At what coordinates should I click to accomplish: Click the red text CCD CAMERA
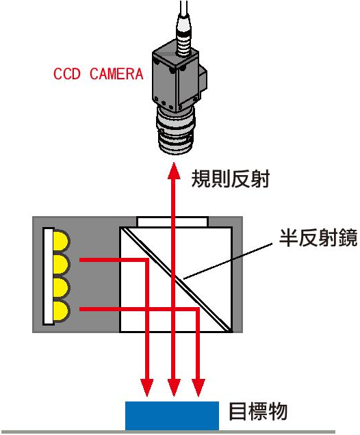pyautogui.click(x=99, y=74)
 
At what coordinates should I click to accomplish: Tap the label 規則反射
pyautogui.click(x=231, y=179)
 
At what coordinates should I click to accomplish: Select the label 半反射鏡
pyautogui.click(x=318, y=238)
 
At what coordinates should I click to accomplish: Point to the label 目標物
pyautogui.click(x=258, y=412)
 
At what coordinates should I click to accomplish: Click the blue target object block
pyautogui.click(x=172, y=416)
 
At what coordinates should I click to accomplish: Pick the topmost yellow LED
pyautogui.click(x=61, y=241)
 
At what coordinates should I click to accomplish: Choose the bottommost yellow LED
pyautogui.click(x=61, y=312)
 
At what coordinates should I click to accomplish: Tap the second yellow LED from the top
pyautogui.click(x=61, y=265)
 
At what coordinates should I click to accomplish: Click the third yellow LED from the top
pyautogui.click(x=61, y=288)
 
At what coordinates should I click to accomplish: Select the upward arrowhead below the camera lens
pyautogui.click(x=174, y=171)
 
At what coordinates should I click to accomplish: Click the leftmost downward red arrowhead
pyautogui.click(x=147, y=387)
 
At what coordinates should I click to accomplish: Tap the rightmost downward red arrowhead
pyautogui.click(x=198, y=387)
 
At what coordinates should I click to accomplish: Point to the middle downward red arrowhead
pyautogui.click(x=174, y=387)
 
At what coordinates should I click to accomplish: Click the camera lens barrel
pyautogui.click(x=176, y=131)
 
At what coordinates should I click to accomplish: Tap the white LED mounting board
pyautogui.click(x=49, y=276)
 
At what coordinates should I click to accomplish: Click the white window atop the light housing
pyautogui.click(x=172, y=222)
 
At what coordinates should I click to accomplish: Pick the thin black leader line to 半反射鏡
pyautogui.click(x=228, y=261)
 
